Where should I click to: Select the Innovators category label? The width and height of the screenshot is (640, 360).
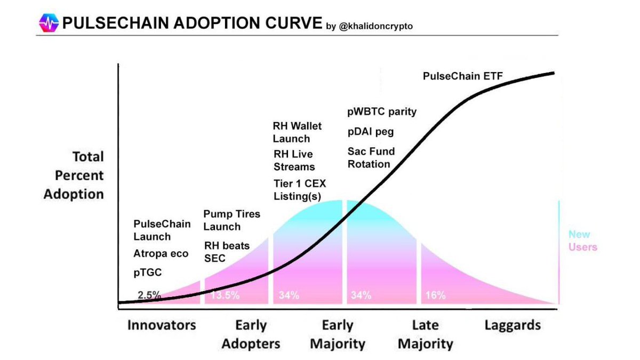click(x=162, y=325)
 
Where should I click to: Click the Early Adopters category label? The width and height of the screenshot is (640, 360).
click(x=251, y=334)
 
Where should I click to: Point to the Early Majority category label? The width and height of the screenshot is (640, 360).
click(x=338, y=334)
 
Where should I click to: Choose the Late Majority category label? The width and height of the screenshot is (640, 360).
click(x=425, y=334)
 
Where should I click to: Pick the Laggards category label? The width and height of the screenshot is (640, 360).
click(x=513, y=325)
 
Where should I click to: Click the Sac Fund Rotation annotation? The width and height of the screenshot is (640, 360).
click(x=371, y=158)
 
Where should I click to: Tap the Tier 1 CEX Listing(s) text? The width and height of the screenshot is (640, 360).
click(x=299, y=190)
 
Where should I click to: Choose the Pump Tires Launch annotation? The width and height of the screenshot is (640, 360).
click(x=231, y=220)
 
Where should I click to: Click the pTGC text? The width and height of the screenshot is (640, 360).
click(x=147, y=272)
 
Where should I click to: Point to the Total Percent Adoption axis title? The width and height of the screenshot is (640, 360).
click(x=74, y=175)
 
